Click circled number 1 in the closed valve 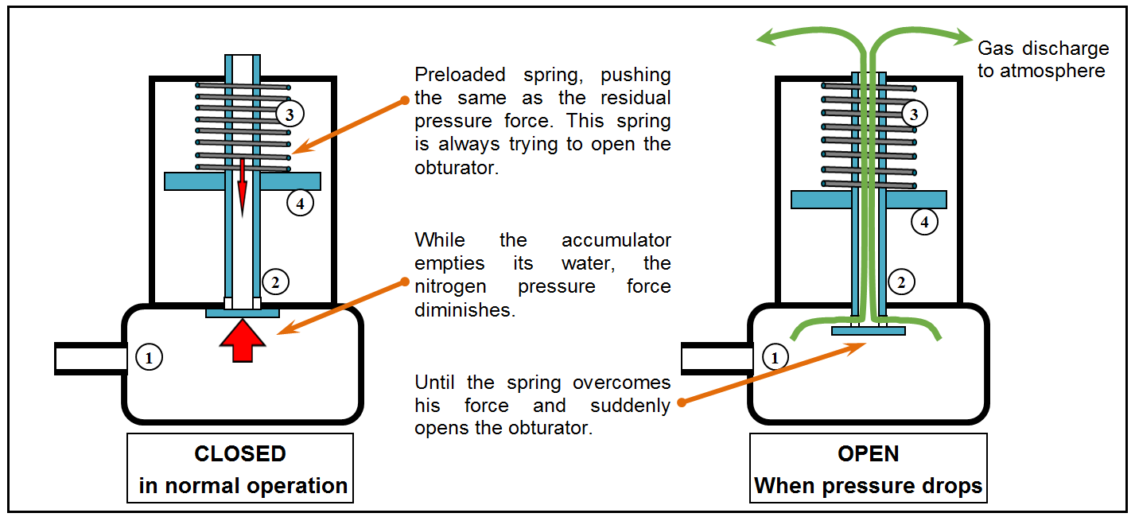coord(149,358)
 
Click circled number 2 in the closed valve coord(274,281)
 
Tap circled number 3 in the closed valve coord(290,115)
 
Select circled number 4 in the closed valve coord(300,203)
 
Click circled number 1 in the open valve coord(775,358)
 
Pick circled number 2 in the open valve coord(900,281)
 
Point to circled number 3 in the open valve coord(914,115)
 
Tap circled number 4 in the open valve coord(924,223)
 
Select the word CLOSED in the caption coord(240,454)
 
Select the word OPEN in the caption coord(869,454)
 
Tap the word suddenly coord(630,406)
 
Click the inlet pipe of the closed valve coord(90,358)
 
